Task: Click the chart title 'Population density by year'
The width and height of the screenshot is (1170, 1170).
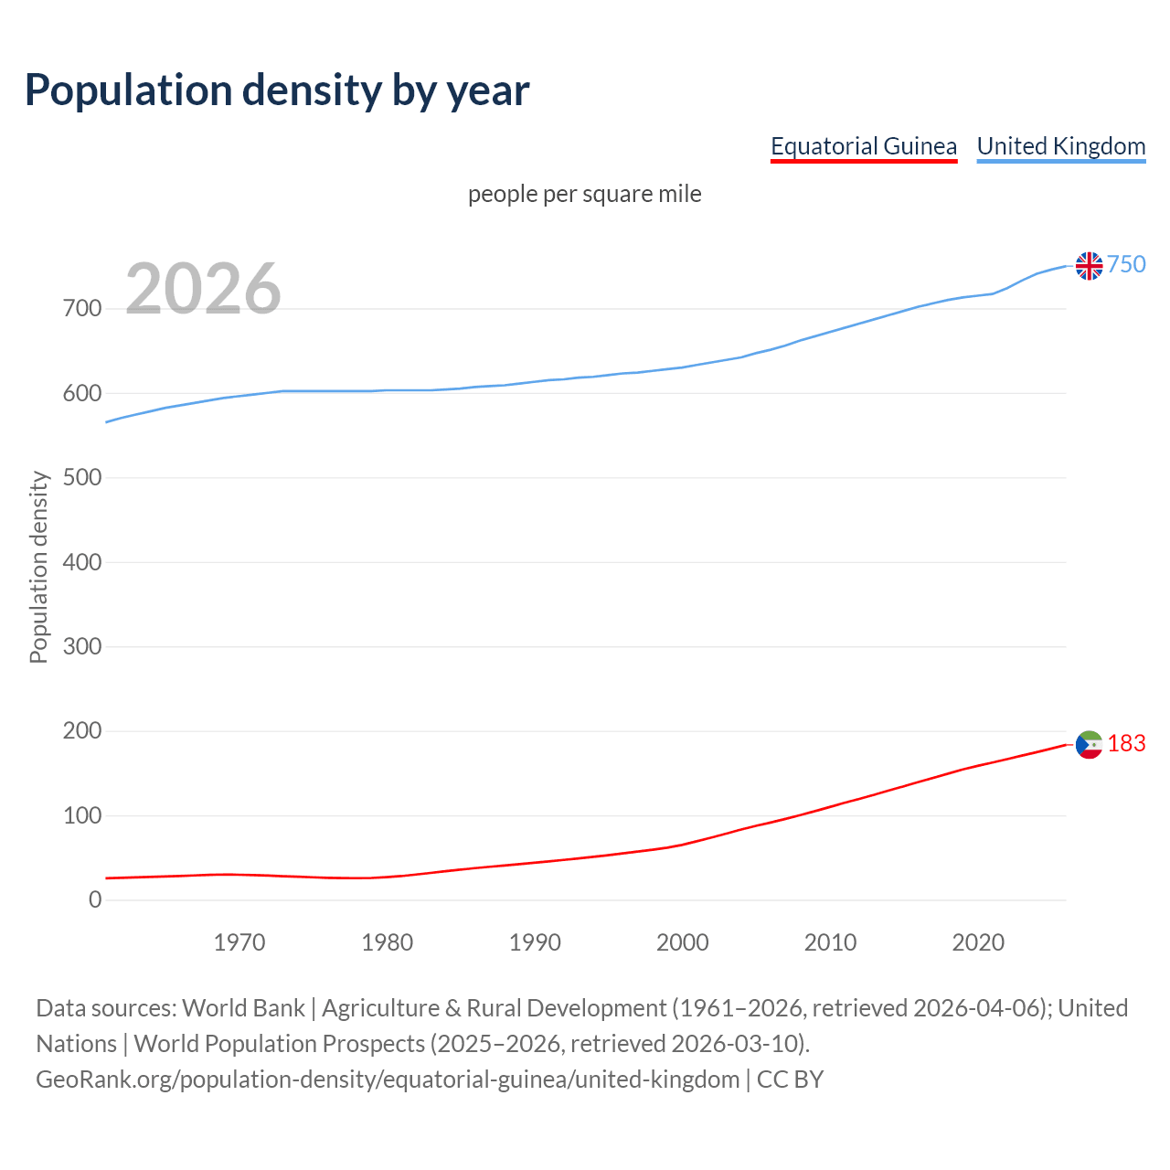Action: click(277, 90)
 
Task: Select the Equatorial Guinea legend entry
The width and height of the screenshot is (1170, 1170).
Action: click(863, 146)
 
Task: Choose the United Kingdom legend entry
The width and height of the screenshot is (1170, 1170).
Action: click(1060, 146)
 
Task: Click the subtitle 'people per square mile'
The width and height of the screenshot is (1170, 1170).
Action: click(584, 194)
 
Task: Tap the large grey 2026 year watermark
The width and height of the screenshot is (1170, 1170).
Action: click(203, 289)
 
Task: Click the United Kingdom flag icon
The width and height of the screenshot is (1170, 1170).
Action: click(1089, 265)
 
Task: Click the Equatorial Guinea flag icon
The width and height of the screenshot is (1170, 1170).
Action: click(1089, 745)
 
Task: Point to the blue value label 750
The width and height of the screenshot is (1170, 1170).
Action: click(1126, 264)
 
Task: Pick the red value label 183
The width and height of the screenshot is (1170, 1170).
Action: click(1126, 744)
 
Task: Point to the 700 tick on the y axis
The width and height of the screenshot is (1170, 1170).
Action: click(82, 309)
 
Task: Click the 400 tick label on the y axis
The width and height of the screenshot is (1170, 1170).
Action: click(82, 562)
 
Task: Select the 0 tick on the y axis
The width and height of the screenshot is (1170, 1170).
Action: click(95, 900)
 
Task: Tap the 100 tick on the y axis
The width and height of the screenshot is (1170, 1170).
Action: click(82, 815)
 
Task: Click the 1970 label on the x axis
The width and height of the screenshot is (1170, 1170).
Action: click(239, 942)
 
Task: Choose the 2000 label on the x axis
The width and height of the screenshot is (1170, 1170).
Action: click(683, 942)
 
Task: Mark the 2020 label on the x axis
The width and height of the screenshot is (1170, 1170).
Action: click(978, 942)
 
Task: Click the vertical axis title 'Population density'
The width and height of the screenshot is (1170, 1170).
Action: click(38, 567)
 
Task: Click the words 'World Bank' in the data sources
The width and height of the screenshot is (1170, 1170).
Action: click(243, 1008)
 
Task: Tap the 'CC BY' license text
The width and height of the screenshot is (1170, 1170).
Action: click(790, 1080)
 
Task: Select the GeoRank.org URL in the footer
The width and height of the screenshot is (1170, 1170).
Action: click(388, 1080)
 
